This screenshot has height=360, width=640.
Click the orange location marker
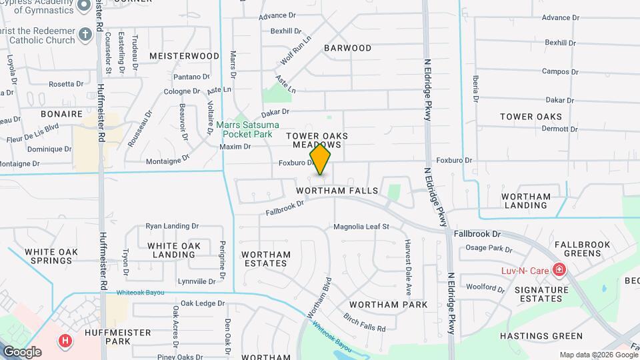click(x=321, y=159)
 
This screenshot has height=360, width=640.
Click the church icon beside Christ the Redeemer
click(x=85, y=33)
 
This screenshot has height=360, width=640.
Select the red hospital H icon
click(x=65, y=341)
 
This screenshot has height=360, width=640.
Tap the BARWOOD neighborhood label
click(x=347, y=48)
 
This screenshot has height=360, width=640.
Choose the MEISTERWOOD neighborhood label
click(x=184, y=56)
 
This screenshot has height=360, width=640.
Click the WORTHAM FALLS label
click(x=341, y=191)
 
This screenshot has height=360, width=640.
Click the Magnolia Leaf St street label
click(x=361, y=227)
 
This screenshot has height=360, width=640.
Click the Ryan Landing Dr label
click(x=172, y=227)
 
